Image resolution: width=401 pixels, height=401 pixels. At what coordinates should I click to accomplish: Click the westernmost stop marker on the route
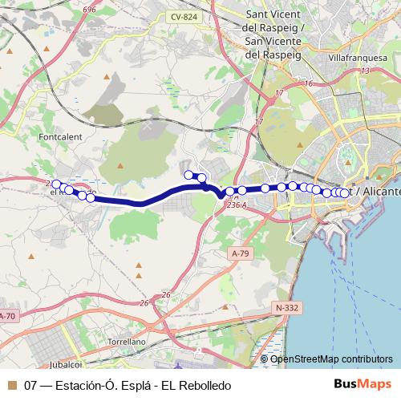point(56,184)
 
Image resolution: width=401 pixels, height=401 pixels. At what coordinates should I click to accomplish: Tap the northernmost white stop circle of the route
point(189,175)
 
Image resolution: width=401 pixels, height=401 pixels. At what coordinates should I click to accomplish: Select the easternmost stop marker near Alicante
point(346,192)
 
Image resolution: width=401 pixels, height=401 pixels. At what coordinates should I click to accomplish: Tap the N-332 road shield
point(287,307)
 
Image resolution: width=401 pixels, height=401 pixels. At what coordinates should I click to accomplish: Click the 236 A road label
point(236,205)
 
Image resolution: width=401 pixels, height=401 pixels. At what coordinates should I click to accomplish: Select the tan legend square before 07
point(11,386)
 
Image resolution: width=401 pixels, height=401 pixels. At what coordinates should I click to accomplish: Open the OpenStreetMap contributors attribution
point(331,358)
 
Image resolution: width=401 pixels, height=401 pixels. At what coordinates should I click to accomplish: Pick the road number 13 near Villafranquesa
point(365,71)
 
